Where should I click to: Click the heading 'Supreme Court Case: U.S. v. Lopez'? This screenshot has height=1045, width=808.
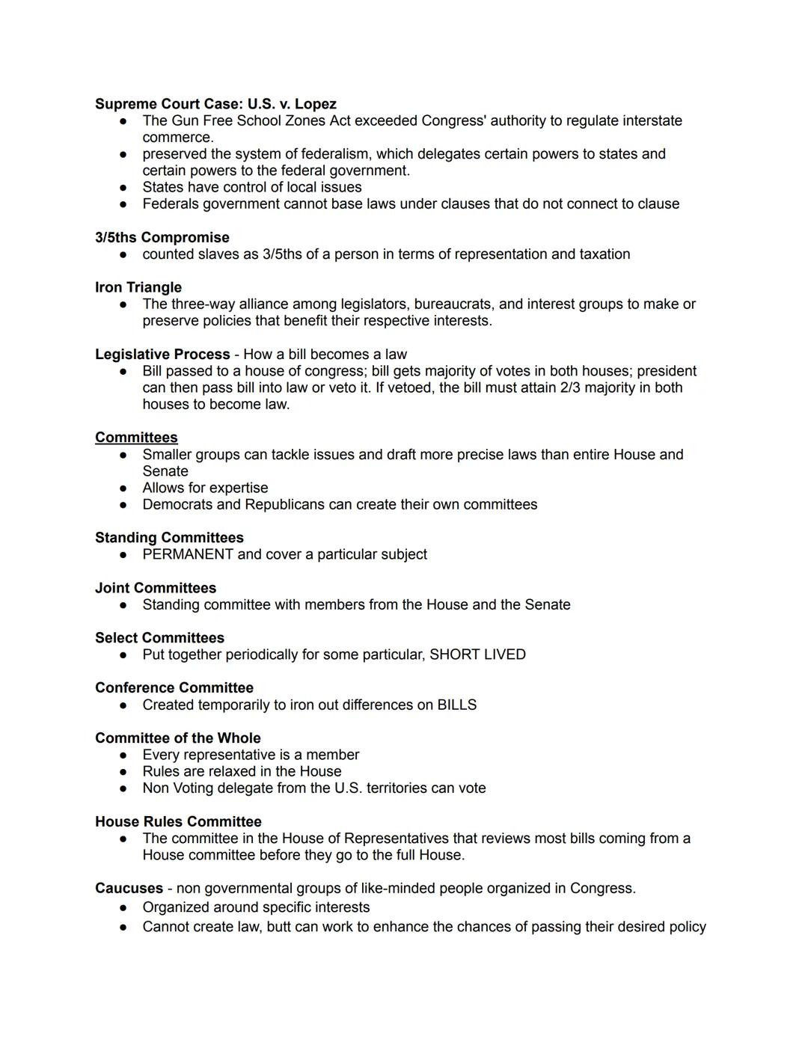coord(215,104)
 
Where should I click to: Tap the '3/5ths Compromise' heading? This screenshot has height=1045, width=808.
coord(162,237)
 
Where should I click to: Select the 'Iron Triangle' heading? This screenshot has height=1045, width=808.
coord(138,287)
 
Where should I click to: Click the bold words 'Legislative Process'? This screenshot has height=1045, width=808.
coord(162,354)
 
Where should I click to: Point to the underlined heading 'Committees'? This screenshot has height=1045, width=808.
coord(136,438)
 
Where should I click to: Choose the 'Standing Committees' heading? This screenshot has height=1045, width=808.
coord(169,538)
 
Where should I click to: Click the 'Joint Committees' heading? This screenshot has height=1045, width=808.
coord(156,588)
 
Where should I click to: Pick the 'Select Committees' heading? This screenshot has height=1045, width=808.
coord(159,638)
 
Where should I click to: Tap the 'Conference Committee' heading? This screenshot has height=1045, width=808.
coord(174,687)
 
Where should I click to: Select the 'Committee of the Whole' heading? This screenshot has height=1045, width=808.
coord(178,738)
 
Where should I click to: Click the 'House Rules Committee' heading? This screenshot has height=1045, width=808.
coord(178,821)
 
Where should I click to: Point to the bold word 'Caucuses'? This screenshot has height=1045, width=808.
coord(129,888)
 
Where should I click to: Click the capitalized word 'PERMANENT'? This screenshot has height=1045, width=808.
coord(188,554)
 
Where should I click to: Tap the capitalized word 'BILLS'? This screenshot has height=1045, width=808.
coord(456,705)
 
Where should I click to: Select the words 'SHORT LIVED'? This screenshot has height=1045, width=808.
coord(477,655)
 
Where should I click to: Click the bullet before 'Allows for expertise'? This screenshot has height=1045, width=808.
coord(123,488)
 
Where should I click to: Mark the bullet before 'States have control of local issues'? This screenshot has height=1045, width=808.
coord(123,187)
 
